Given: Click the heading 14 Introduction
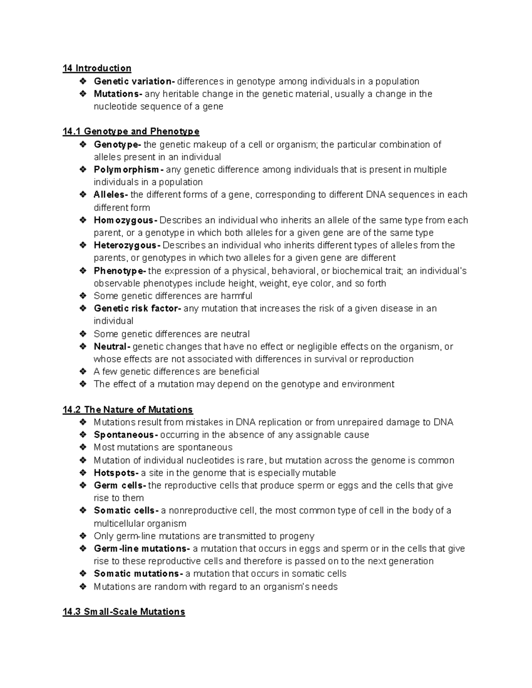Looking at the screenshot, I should [x=97, y=68].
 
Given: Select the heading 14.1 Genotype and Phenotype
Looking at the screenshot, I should [x=131, y=132].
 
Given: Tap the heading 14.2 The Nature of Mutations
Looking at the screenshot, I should [x=128, y=410].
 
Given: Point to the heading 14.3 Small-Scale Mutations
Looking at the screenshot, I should [x=124, y=612].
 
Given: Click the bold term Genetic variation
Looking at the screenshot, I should [x=134, y=81].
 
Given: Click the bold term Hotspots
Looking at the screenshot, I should [x=117, y=473].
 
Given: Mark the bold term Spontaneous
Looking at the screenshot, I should [x=126, y=435].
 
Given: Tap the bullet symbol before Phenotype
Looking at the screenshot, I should [x=83, y=271].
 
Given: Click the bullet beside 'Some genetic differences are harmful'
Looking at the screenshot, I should [x=83, y=296].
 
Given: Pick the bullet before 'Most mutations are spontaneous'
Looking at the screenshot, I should [x=83, y=447].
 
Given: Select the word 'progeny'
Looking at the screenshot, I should [x=297, y=536].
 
